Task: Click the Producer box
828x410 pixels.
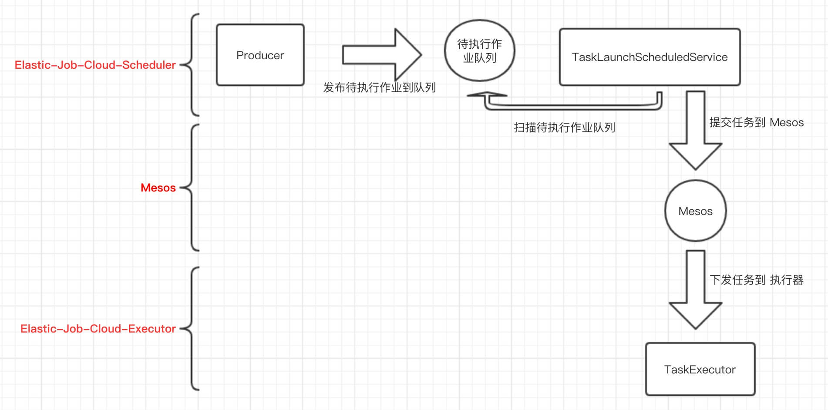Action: point(260,55)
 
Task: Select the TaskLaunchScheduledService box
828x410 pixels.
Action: point(650,57)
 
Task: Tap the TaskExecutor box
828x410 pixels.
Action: point(700,369)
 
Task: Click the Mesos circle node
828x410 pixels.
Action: point(695,211)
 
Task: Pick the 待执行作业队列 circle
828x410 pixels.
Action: point(479,50)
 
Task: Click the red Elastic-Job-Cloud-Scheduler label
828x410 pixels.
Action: point(95,65)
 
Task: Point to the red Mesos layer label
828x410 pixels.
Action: point(158,188)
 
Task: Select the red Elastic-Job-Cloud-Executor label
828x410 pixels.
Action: point(98,329)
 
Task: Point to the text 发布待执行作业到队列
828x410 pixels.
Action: point(379,87)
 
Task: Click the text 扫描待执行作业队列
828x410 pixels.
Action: point(564,128)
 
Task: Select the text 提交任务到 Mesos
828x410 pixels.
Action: point(756,122)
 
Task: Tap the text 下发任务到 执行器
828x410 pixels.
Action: point(756,280)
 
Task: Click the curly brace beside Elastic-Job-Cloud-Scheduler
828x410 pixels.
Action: point(192,65)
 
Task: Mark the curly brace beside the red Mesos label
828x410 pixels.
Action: point(192,188)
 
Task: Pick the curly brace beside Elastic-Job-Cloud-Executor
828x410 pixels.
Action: point(192,329)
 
